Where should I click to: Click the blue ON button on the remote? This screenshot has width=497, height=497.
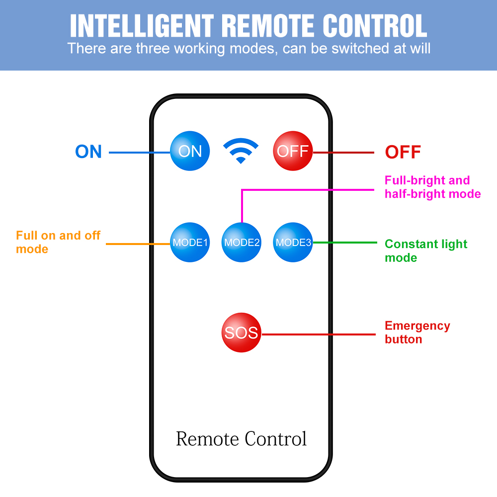click(x=190, y=151)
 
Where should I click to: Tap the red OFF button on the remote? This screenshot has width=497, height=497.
click(x=293, y=151)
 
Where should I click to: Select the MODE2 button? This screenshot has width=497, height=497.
click(x=242, y=243)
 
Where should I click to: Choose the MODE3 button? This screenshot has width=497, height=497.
click(x=293, y=243)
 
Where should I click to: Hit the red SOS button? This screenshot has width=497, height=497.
click(x=241, y=332)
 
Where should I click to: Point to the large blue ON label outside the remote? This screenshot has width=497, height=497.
click(x=88, y=152)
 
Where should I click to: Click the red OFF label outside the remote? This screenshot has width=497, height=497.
click(x=403, y=152)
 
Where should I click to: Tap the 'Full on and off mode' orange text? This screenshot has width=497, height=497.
click(x=58, y=242)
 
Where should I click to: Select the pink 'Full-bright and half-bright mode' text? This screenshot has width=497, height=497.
click(x=432, y=187)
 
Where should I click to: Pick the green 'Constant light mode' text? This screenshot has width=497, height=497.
click(x=426, y=250)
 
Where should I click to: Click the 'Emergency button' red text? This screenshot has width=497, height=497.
click(x=417, y=332)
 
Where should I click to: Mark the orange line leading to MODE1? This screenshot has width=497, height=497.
click(x=138, y=244)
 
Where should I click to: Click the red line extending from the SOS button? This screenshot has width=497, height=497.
click(x=318, y=334)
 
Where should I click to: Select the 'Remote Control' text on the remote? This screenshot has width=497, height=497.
click(x=241, y=439)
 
